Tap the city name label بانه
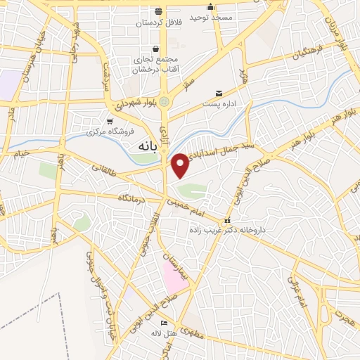click(145, 146)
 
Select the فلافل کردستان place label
click(157, 23)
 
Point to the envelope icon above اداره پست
click(219, 93)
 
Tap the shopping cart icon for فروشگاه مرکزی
click(108, 121)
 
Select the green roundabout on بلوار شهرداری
click(164, 102)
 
